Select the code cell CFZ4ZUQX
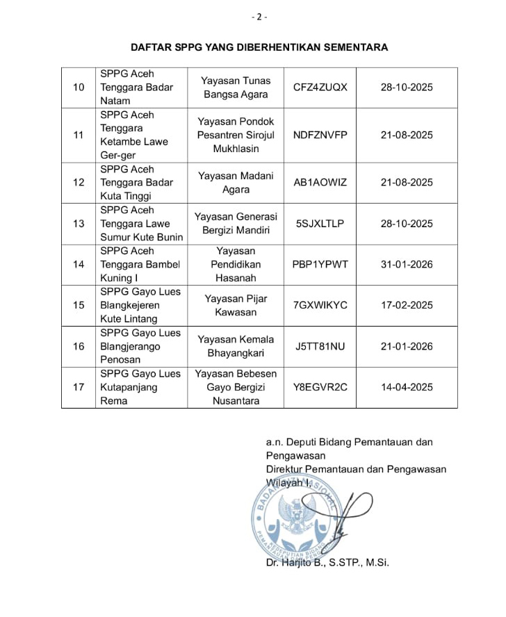(320, 88)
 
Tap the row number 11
(79, 135)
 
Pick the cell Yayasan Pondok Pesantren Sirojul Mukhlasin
(236, 135)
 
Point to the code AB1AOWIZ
(320, 182)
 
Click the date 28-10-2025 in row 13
(407, 223)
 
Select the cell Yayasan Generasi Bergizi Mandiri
(236, 223)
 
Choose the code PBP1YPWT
(320, 264)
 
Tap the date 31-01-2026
(407, 264)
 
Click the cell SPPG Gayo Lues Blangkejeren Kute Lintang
(142, 305)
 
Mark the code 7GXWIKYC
(320, 305)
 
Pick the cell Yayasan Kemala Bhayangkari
(236, 346)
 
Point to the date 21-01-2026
(407, 346)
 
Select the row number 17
(79, 387)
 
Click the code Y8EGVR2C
(320, 387)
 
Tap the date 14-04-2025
(407, 387)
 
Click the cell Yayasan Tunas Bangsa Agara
(236, 88)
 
